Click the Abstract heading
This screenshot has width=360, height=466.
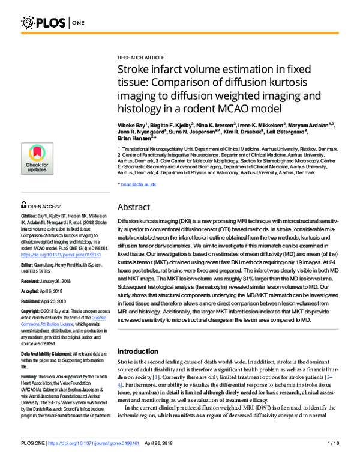click(x=134, y=207)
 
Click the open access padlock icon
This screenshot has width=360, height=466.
click(x=24, y=205)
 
